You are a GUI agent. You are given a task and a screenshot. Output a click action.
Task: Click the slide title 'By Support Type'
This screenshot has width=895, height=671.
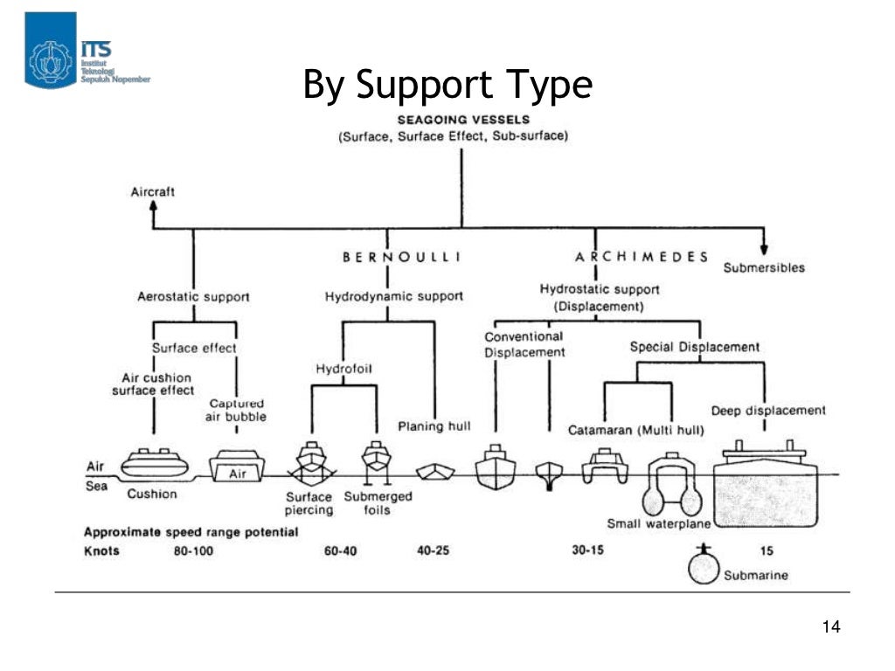click(x=447, y=85)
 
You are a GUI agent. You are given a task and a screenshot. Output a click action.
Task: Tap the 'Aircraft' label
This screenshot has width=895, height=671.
click(x=152, y=191)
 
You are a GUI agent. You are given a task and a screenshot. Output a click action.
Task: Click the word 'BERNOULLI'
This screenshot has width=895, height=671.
click(x=401, y=257)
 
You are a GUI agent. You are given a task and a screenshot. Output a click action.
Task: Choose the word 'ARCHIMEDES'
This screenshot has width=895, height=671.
click(x=641, y=257)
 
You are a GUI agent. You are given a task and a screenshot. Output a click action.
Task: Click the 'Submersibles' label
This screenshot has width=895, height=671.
click(x=763, y=267)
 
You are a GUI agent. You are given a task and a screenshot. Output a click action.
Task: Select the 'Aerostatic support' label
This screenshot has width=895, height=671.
click(x=193, y=296)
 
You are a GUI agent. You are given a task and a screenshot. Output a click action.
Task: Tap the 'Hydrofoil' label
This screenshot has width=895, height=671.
click(x=343, y=369)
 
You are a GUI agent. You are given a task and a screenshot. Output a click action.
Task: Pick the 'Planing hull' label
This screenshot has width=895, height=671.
click(x=434, y=426)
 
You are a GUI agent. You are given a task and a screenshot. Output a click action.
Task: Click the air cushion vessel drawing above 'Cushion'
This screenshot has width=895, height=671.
click(x=153, y=462)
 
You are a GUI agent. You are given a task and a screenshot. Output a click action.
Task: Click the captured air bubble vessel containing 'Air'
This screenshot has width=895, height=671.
click(x=239, y=467)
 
